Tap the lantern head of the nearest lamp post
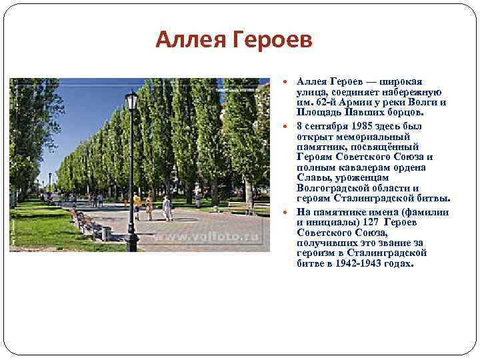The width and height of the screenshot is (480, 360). [x=131, y=101]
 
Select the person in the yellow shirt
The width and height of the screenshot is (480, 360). [x=137, y=203]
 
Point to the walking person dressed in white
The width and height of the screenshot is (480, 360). [x=167, y=207]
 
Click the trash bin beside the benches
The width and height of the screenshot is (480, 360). [x=107, y=233]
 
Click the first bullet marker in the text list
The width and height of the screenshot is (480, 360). [x=284, y=81]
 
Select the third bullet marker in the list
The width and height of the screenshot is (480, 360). [x=284, y=211]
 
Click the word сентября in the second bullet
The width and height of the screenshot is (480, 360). [x=328, y=124]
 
